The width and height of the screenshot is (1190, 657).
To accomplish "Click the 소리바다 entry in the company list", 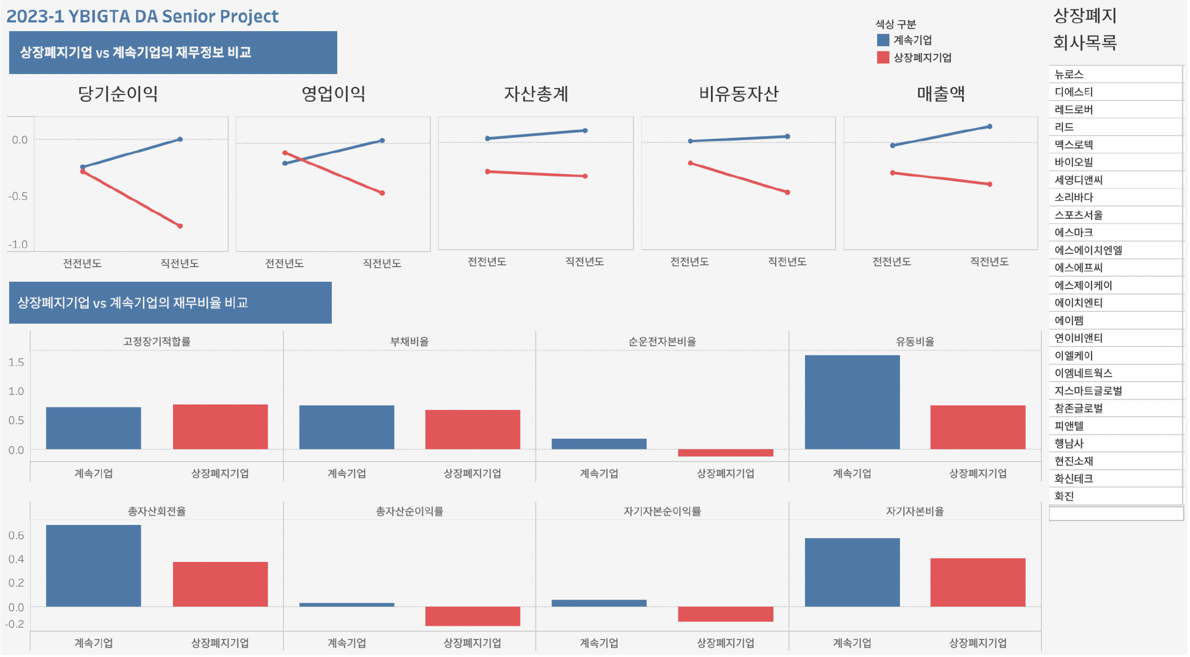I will [x=1074, y=197].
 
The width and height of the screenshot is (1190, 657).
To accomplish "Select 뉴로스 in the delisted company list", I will [x=1069, y=75].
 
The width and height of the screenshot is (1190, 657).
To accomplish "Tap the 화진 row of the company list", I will [x=1064, y=496].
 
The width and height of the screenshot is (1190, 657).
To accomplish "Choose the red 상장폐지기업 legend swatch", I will [x=883, y=58].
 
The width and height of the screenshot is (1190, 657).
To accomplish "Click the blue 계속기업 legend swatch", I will [x=883, y=40].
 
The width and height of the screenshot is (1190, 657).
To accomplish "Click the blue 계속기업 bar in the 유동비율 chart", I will [x=852, y=402].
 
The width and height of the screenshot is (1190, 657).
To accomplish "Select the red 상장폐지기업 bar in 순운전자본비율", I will [x=725, y=453].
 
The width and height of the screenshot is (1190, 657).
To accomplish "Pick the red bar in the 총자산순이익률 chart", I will [x=472, y=616].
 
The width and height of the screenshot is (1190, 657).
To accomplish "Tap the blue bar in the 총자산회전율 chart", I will [x=94, y=565].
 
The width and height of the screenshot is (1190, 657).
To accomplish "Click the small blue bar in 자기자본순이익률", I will [x=599, y=603].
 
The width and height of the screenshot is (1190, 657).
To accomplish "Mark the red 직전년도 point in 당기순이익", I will [x=180, y=226].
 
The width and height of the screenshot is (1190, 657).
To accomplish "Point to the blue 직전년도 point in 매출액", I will [x=989, y=127].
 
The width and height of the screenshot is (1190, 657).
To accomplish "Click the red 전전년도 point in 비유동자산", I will [x=690, y=163].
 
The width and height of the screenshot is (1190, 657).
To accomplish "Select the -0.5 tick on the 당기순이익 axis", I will [x=18, y=196].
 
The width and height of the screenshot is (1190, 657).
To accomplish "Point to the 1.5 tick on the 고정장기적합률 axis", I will [x=16, y=362].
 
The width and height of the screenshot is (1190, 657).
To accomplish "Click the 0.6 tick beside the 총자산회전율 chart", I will [x=16, y=536].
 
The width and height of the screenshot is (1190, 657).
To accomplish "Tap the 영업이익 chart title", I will [x=333, y=94].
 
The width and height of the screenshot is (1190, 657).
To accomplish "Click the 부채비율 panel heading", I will [x=409, y=342].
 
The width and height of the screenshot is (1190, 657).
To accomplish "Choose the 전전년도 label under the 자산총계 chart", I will [x=487, y=262].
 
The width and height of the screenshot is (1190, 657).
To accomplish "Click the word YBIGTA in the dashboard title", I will [x=99, y=17].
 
